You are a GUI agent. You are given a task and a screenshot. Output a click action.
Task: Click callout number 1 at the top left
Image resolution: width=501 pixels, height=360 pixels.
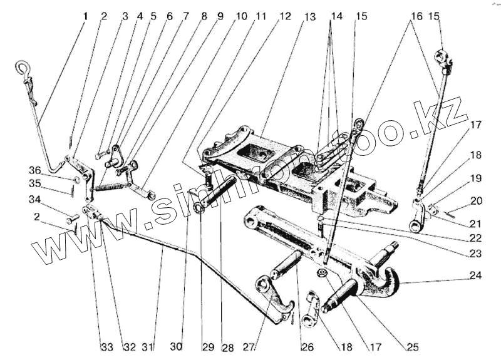(86, 16)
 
